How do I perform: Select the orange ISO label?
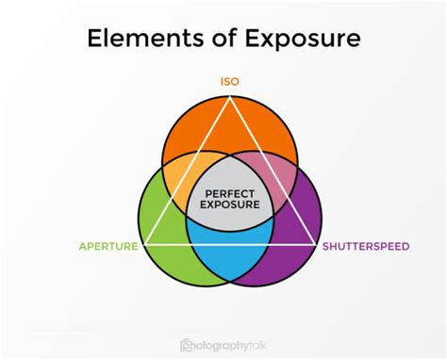pos(229,82)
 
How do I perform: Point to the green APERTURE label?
pos(108,247)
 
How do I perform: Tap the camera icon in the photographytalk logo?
pos(186,344)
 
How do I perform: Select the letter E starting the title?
pos(94,40)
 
